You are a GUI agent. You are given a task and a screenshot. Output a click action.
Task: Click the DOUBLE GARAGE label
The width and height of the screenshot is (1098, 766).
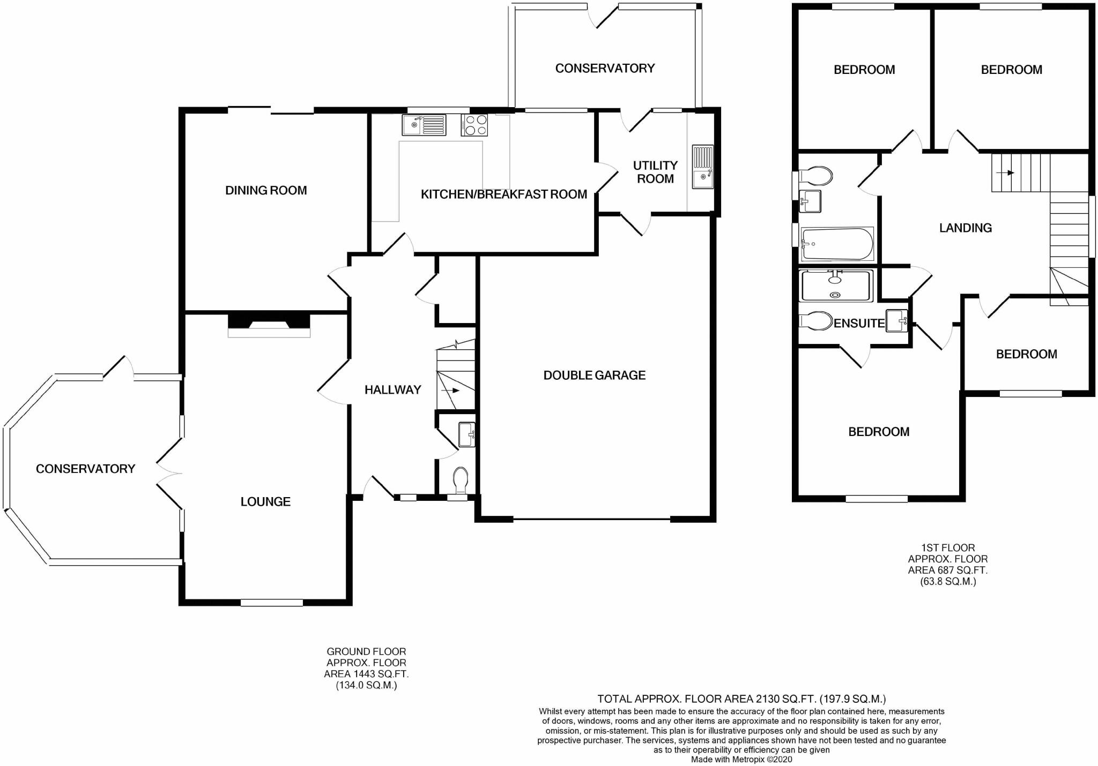(x=594, y=376)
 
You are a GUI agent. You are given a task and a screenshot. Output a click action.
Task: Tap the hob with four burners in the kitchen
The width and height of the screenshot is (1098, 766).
(x=474, y=125)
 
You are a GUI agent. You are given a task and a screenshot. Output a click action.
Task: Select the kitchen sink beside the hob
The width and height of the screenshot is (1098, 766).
(x=424, y=125)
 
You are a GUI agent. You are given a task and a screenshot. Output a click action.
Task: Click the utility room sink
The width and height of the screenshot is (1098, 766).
(x=702, y=167)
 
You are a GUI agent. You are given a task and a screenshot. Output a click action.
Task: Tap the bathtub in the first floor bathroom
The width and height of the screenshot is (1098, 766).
(x=836, y=244)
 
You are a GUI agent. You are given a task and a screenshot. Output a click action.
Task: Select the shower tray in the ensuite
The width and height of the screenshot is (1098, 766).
(x=835, y=286)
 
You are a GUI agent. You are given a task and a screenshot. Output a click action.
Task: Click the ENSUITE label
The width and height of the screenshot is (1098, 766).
(x=859, y=324)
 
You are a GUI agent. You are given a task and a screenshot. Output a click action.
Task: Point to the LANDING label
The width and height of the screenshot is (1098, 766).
(x=965, y=228)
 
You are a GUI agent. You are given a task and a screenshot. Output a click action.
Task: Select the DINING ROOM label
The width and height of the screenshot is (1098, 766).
(x=266, y=191)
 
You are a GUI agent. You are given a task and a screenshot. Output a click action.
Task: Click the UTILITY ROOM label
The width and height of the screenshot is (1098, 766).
(x=655, y=172)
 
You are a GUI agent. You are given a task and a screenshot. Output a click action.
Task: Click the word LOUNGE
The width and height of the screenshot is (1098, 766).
(x=265, y=502)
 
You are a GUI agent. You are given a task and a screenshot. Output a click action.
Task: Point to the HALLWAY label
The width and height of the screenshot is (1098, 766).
(x=392, y=390)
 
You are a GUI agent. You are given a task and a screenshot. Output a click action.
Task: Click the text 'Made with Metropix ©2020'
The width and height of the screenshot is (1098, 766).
(x=741, y=760)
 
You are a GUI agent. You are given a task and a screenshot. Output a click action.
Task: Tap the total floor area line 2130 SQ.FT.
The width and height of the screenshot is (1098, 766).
(x=741, y=699)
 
